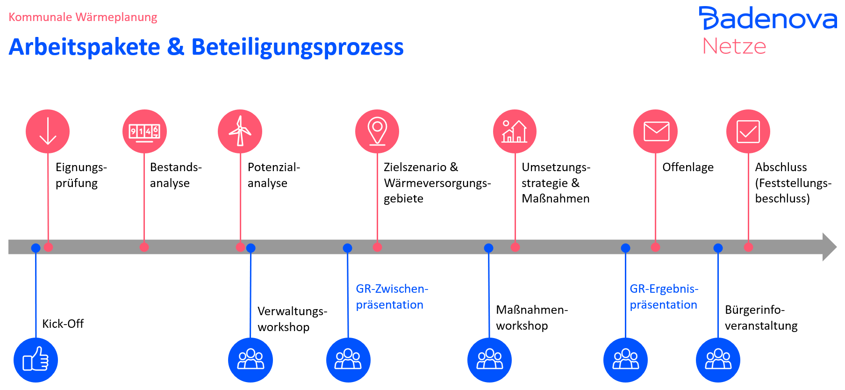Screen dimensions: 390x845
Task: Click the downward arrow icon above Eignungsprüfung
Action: (x=48, y=131)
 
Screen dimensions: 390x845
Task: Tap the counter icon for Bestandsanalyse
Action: (x=144, y=131)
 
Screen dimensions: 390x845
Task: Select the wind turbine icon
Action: (x=240, y=131)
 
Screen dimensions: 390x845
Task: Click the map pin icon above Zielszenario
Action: (x=377, y=131)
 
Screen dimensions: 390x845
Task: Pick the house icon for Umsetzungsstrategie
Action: (x=515, y=131)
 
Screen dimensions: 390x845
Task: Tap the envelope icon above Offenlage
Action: (x=655, y=131)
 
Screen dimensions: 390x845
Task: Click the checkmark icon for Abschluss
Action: (x=748, y=131)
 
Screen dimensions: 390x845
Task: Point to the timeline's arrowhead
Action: (x=829, y=247)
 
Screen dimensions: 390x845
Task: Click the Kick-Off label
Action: (x=63, y=324)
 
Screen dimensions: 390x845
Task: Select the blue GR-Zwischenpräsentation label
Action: (x=392, y=297)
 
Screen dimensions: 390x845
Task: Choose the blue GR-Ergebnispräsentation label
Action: (x=664, y=297)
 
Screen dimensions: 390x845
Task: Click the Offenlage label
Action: (x=687, y=167)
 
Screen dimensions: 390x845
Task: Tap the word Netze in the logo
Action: (x=734, y=46)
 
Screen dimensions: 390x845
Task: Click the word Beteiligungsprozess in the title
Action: (x=297, y=47)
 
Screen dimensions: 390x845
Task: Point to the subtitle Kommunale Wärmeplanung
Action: (x=83, y=17)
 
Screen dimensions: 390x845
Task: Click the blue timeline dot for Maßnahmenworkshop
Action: (x=488, y=248)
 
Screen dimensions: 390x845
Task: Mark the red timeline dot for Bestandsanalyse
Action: (x=144, y=247)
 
